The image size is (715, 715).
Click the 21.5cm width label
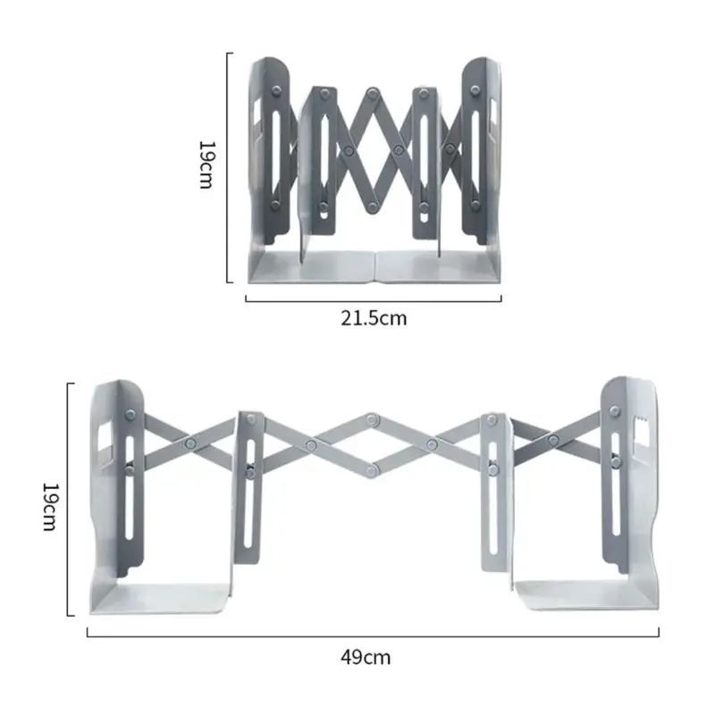pos(374,317)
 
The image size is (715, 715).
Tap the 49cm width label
pos(366,658)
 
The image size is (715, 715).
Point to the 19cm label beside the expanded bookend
pos(51,507)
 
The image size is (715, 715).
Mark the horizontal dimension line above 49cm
pos(373,635)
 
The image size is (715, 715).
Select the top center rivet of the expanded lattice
pos(371,418)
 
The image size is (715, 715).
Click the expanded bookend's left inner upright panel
pos(249,500)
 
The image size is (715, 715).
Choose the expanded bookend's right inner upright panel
pos(494,500)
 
